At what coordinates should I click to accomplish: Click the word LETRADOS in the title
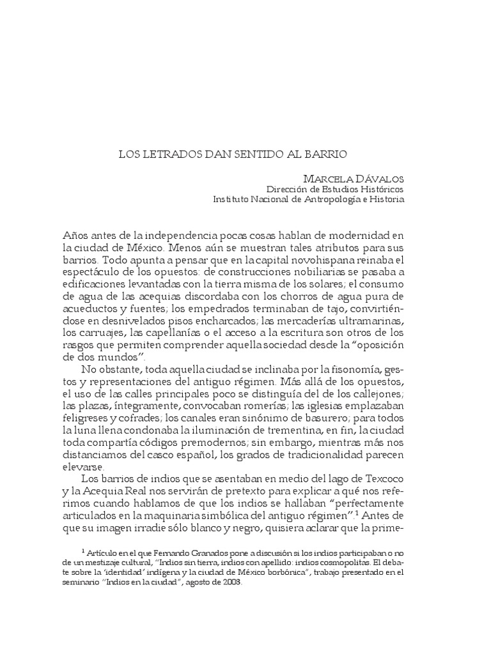(169, 154)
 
